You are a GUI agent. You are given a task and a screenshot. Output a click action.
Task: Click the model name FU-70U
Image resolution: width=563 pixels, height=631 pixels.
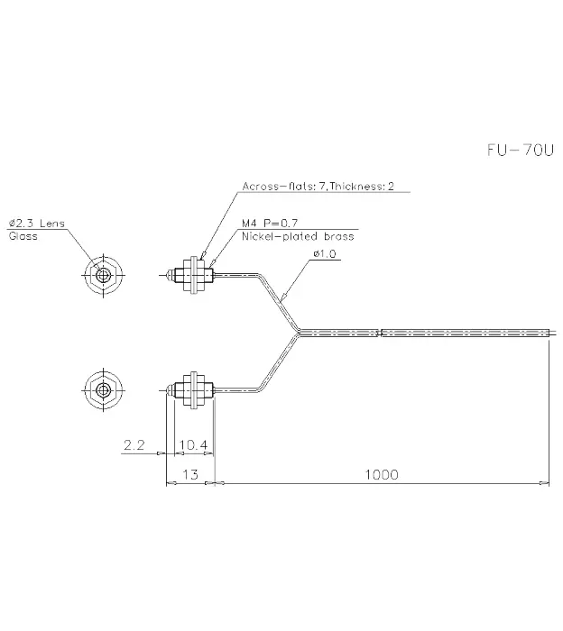coord(521,151)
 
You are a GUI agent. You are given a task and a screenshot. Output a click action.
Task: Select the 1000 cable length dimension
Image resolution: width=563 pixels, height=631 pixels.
coord(382,475)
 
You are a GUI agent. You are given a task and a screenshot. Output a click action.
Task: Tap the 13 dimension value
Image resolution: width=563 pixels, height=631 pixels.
coord(190,475)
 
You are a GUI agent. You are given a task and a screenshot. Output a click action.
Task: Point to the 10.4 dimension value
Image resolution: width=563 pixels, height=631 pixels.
coord(193,445)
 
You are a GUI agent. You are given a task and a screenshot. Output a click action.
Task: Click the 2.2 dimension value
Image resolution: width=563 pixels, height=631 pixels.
coord(134,445)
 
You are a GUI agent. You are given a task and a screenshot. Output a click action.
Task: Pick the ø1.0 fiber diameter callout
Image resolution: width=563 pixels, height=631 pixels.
coord(325,254)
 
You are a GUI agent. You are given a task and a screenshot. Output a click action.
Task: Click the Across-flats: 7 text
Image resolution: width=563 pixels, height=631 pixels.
coord(284,187)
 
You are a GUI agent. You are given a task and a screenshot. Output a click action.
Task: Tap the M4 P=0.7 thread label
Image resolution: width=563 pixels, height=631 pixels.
coord(270,223)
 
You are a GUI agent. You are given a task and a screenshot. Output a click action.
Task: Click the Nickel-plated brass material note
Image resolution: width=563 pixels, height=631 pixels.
coord(298,236)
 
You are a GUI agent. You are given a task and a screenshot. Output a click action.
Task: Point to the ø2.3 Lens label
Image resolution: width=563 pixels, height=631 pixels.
coord(37,224)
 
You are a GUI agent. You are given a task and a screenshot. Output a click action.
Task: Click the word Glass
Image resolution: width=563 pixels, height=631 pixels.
coord(23,236)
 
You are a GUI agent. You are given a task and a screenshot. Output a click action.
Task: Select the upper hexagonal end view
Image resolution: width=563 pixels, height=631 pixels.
coord(104,276)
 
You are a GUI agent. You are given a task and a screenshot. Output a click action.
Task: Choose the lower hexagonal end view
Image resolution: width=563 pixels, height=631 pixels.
coord(104,389)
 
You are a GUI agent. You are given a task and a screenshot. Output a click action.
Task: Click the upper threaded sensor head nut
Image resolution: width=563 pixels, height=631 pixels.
coord(194,276)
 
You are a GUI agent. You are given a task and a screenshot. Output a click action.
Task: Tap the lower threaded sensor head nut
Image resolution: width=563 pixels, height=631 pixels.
coord(194,389)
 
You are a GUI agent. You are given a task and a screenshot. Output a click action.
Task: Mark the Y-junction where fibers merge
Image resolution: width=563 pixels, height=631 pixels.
coord(299,333)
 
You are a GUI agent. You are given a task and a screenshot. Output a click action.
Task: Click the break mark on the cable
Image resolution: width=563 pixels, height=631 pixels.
coord(379,333)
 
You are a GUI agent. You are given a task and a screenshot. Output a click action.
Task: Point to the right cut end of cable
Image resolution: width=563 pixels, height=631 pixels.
coord(549,333)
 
